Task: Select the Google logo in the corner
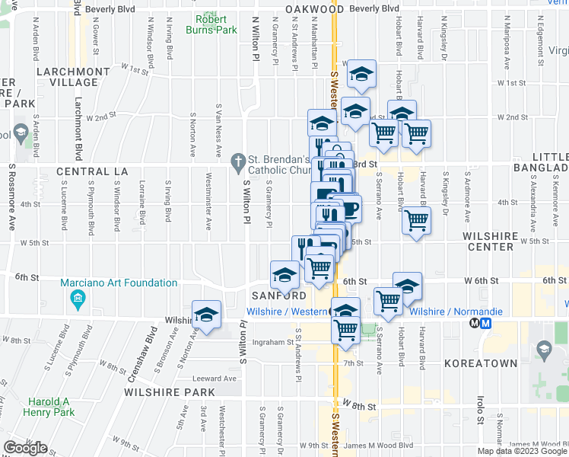click(25, 447)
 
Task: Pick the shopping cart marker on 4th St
click(416, 221)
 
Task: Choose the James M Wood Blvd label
click(378, 446)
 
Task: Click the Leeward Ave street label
click(215, 379)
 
